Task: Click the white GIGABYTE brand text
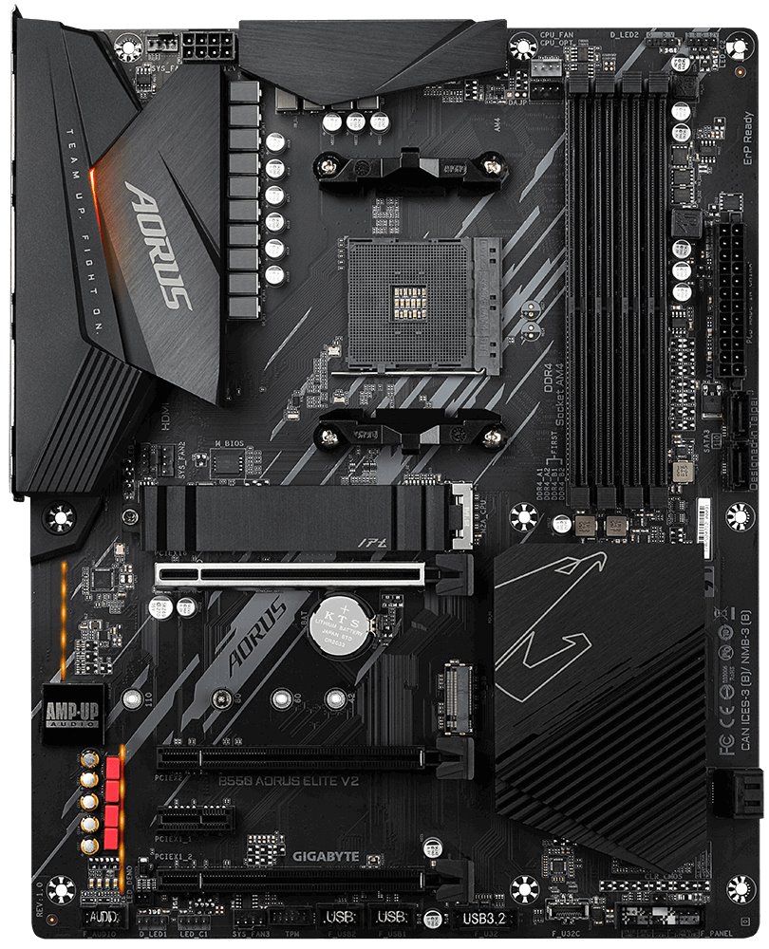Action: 326,856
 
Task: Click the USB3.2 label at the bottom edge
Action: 485,919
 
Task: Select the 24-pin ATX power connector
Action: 728,299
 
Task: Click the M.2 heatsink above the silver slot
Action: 294,516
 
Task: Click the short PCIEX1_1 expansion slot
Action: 196,817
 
